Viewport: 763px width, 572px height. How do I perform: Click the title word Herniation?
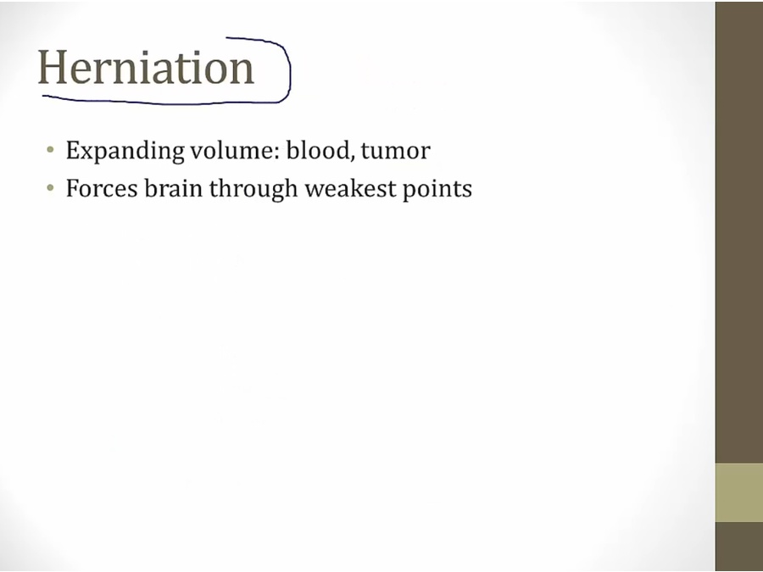pyautogui.click(x=146, y=67)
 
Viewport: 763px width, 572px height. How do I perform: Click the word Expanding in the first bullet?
pyautogui.click(x=125, y=151)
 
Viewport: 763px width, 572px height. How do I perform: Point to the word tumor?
pyautogui.click(x=396, y=151)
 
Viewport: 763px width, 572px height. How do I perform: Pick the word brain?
pyautogui.click(x=173, y=188)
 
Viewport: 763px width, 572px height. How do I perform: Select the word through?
pyautogui.click(x=253, y=189)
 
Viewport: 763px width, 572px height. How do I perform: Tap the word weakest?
pyautogui.click(x=350, y=188)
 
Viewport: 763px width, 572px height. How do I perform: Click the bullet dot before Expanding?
pyautogui.click(x=50, y=149)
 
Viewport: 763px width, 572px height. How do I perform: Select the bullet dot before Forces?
pyautogui.click(x=50, y=187)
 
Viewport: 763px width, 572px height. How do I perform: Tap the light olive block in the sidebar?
pyautogui.click(x=739, y=492)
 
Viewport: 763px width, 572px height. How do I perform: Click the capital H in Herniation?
pyautogui.click(x=52, y=68)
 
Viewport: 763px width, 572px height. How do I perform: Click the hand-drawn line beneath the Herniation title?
pyautogui.click(x=160, y=101)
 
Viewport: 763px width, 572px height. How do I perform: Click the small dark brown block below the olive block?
pyautogui.click(x=739, y=547)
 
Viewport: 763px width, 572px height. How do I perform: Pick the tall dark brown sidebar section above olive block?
pyautogui.click(x=739, y=232)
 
